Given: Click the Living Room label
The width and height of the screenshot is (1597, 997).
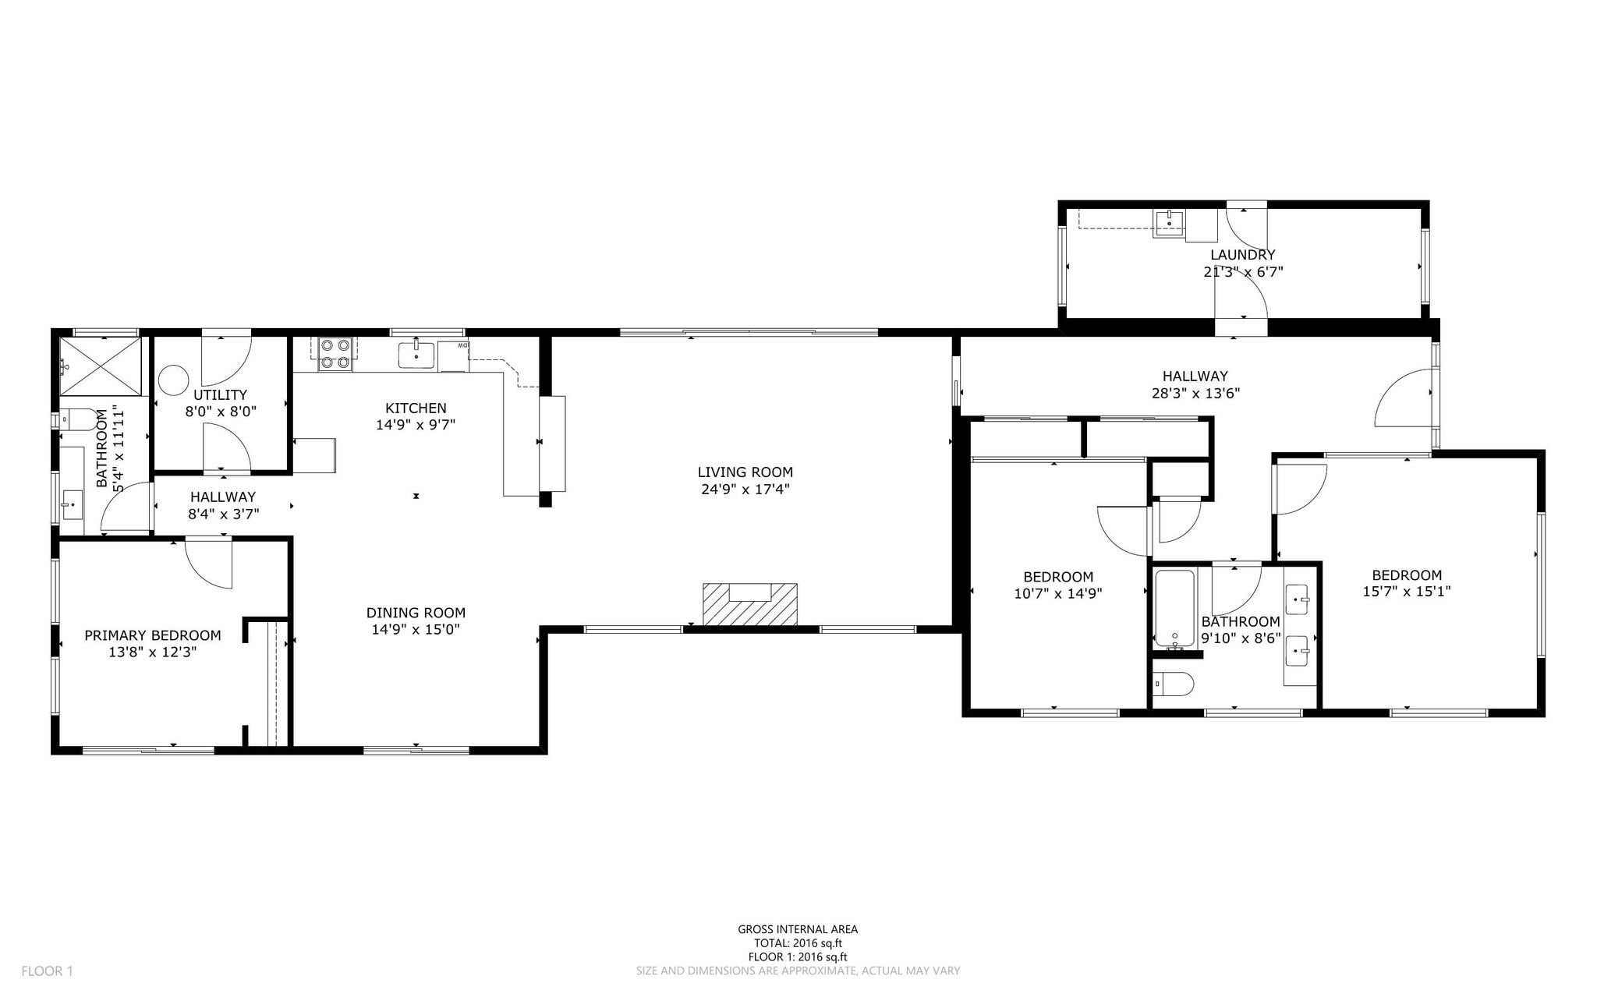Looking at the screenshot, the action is tap(745, 472).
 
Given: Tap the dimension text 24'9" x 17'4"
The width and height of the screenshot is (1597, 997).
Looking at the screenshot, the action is tap(745, 490).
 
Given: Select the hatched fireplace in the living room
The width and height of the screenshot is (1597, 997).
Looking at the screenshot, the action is tap(750, 604).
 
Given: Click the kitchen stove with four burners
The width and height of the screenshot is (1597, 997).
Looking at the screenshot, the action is tap(335, 352).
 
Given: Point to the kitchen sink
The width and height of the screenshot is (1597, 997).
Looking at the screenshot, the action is tap(417, 354).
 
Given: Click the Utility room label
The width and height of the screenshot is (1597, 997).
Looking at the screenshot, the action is tap(221, 394).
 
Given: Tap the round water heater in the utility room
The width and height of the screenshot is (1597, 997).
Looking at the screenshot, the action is tap(172, 381).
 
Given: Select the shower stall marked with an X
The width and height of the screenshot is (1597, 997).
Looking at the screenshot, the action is tap(102, 366).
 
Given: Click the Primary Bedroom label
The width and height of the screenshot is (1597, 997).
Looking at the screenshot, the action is tap(153, 635).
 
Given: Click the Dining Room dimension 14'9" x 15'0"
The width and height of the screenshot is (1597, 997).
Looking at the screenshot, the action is tap(416, 630).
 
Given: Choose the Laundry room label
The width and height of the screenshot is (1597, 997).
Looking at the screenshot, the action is tap(1243, 254).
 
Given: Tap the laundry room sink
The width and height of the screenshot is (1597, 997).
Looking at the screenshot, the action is tap(1169, 223).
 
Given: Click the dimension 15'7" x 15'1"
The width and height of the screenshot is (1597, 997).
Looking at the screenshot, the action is tap(1407, 592).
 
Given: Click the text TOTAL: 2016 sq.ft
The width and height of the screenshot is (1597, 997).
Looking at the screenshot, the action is tap(798, 943).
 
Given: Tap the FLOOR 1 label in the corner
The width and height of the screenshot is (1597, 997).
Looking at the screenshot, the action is tap(47, 971).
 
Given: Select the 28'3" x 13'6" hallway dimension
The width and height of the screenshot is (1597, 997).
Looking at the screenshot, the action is tap(1195, 394).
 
